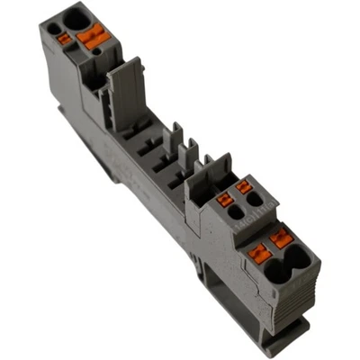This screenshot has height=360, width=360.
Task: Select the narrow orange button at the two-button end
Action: coord(64,39)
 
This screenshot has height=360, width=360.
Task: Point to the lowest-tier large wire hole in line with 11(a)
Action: coord(296,261)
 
